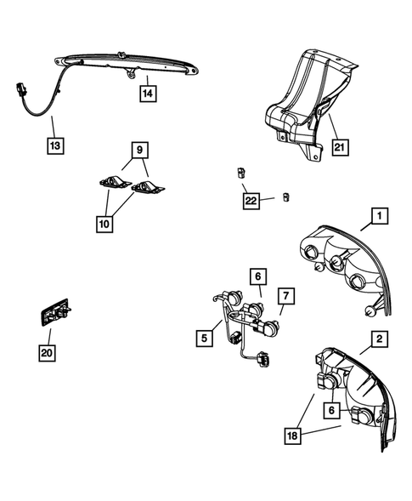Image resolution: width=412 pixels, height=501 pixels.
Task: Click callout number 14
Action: click(149, 94)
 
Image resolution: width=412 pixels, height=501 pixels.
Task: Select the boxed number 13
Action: click(54, 146)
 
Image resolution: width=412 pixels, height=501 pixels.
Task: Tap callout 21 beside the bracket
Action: click(341, 147)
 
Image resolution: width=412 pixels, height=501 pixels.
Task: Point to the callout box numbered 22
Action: click(250, 201)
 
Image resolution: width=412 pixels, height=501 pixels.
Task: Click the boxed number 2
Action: click(378, 339)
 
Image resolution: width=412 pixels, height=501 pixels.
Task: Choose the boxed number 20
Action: click(48, 350)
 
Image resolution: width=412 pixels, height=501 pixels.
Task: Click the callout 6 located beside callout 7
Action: click(256, 276)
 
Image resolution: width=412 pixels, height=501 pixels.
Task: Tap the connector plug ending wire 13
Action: click(19, 88)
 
